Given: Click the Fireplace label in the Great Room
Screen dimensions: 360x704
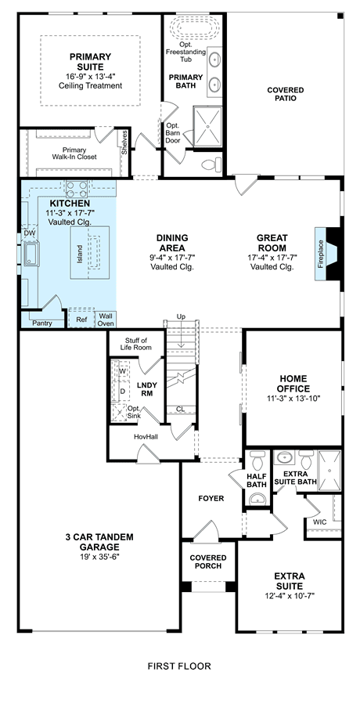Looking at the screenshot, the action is tap(321, 255).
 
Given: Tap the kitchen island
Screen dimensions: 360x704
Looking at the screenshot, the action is tap(90, 253).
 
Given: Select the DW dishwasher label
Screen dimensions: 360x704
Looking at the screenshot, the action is tap(29, 233).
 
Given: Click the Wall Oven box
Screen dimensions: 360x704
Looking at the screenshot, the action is tap(106, 320).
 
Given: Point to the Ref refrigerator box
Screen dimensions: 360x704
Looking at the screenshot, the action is tap(81, 320).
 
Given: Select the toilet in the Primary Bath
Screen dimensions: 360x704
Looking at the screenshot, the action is tap(212, 164).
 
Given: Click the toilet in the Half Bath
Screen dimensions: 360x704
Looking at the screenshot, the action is tap(257, 460).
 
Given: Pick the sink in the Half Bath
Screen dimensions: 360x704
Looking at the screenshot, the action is tap(257, 497).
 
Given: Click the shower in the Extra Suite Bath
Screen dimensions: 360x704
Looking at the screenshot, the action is tap(329, 471).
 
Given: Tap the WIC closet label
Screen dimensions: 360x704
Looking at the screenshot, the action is tap(320, 522).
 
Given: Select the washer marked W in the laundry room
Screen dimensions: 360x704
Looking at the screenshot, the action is tap(121, 371).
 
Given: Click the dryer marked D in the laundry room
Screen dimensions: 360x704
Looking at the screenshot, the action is tap(121, 391).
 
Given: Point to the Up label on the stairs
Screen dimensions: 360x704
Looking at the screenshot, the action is tap(181, 317).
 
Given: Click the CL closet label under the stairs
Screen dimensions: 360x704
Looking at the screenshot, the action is tap(180, 409).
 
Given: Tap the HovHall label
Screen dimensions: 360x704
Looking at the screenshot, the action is tap(146, 436).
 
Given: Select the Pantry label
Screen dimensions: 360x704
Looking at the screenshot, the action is tap(42, 323).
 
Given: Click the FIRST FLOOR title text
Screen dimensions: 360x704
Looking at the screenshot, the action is tap(179, 666).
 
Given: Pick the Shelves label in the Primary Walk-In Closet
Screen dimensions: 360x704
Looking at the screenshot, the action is tap(124, 143).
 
